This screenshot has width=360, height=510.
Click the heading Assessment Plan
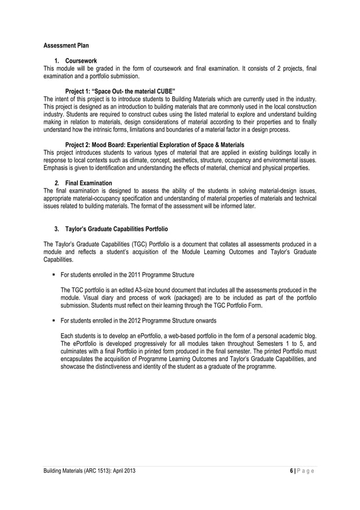(x=66, y=45)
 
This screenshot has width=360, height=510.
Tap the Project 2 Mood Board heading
(x=155, y=145)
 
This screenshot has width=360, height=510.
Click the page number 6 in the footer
(x=291, y=470)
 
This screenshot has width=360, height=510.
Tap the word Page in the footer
(x=307, y=470)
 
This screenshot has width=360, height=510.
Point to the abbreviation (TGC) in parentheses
(x=145, y=244)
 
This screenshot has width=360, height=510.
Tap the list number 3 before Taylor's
(x=56, y=229)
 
